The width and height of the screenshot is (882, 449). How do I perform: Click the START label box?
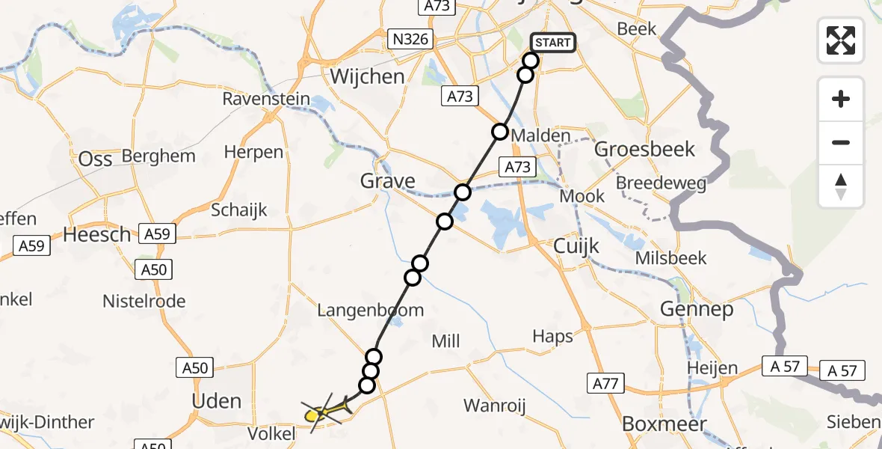553,43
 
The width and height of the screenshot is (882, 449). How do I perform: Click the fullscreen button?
841,40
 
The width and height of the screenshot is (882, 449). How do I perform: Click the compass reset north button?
841,186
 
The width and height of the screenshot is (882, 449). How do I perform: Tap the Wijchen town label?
367,76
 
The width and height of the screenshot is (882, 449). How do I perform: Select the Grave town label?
387,181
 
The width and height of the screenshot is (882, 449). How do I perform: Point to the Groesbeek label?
644,149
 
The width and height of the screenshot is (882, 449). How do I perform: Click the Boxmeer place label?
664,424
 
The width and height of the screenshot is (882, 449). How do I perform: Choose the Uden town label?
217,401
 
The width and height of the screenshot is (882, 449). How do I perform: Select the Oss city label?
95,159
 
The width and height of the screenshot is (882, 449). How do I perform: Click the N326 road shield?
413,39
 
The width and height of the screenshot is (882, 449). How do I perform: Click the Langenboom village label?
370,310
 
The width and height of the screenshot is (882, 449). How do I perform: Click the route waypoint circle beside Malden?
499,132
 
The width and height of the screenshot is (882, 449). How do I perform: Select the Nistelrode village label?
144,302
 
